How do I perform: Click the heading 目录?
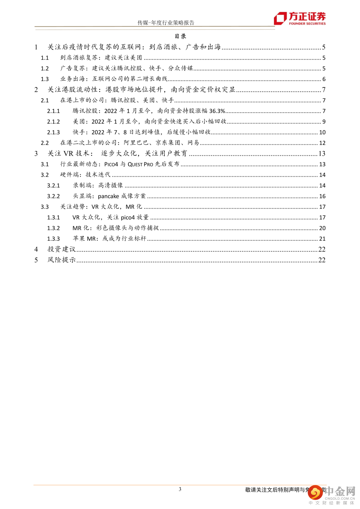point(180,36)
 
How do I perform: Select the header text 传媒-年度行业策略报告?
point(166,23)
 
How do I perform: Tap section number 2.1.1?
point(53,111)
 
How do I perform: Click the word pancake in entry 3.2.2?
point(108,196)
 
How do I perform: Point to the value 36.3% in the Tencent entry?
point(217,111)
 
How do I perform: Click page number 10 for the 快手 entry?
point(322,132)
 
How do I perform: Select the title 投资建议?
point(62,249)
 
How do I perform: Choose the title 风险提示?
point(62,260)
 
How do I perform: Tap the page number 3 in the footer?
point(180,489)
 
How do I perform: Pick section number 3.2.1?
point(53,186)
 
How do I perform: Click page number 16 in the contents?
point(322,196)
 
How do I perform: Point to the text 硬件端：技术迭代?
point(85,175)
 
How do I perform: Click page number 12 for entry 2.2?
point(322,143)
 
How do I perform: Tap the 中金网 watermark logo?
point(332,493)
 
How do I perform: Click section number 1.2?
point(45,68)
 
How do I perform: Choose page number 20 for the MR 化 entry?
point(322,228)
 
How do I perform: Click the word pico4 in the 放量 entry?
point(128,218)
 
